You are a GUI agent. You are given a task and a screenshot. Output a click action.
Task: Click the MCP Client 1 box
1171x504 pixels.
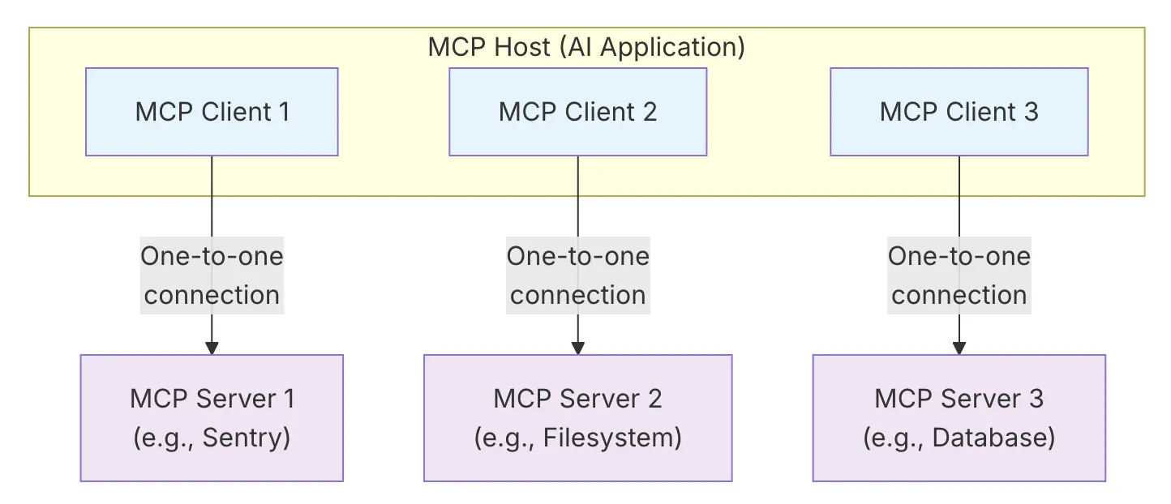click(x=212, y=112)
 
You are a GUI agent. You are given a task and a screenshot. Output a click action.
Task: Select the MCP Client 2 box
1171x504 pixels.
click(x=577, y=112)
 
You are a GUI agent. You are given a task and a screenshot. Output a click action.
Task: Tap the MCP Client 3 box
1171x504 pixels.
click(x=959, y=112)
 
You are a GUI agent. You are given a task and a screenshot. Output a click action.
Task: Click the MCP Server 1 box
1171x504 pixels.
click(x=212, y=418)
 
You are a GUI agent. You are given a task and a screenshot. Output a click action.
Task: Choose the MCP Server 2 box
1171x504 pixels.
click(x=577, y=418)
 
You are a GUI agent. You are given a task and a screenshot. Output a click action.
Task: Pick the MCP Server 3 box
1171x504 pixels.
click(x=959, y=418)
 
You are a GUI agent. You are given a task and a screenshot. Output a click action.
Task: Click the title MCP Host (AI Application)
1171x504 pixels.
click(x=586, y=47)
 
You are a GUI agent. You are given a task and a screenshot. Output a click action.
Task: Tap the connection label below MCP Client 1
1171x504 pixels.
click(x=212, y=275)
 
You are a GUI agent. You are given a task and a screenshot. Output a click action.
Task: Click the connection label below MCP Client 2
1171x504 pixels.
click(x=577, y=275)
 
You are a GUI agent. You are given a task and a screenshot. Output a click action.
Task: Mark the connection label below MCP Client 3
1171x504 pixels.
click(x=959, y=275)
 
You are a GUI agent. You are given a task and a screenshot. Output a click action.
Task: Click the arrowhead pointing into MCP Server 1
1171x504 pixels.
click(x=212, y=348)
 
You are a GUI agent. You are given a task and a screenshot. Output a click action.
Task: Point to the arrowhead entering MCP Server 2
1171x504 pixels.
click(x=577, y=348)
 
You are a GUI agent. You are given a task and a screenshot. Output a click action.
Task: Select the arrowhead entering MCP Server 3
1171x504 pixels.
click(x=959, y=348)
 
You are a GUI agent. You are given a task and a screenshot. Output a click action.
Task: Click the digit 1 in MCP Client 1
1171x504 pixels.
click(x=282, y=112)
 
